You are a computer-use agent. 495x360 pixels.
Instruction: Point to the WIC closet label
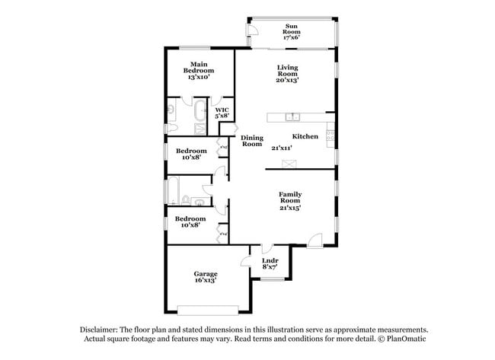pyautogui.click(x=222, y=113)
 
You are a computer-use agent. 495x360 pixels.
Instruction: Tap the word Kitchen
pyautogui.click(x=305, y=136)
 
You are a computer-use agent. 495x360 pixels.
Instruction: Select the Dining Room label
pyautogui.click(x=252, y=141)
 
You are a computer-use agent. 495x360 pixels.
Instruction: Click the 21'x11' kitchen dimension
pyautogui.click(x=282, y=148)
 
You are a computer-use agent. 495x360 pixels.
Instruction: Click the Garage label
pyautogui.click(x=205, y=277)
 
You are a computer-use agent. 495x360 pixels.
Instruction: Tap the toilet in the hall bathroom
pyautogui.click(x=186, y=201)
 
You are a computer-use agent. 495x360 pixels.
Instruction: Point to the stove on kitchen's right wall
pyautogui.click(x=330, y=137)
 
